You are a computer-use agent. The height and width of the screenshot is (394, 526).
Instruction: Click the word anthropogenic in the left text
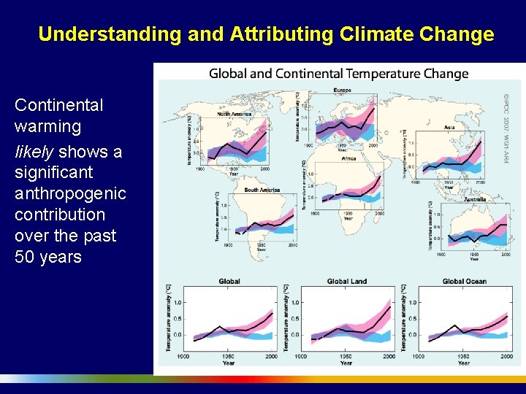point(70,194)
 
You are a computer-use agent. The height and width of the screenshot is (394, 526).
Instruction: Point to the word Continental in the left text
point(59,105)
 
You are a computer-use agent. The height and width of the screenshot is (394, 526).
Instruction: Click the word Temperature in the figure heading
point(382,74)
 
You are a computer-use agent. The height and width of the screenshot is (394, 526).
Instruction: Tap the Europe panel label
point(343,90)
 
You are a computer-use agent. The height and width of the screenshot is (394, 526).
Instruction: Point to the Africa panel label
point(349,158)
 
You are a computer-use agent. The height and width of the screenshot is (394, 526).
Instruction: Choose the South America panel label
point(262,190)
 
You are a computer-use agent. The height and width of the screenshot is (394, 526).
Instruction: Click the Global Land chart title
point(347,281)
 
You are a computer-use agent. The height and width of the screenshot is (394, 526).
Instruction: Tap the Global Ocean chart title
point(464,281)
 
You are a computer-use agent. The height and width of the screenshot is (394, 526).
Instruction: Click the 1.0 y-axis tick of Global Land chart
point(296,302)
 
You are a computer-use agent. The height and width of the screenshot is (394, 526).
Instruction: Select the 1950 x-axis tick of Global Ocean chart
point(462,356)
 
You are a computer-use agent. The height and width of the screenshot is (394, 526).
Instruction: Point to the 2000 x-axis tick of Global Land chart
point(389,356)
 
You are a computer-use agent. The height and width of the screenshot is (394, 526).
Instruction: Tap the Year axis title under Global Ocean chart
point(463,363)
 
